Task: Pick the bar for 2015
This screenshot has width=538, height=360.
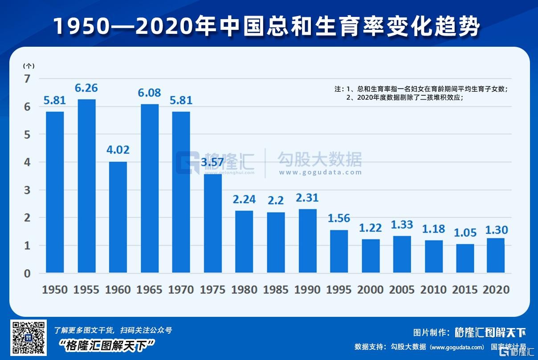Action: (465, 258)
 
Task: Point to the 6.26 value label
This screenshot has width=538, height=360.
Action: (86, 88)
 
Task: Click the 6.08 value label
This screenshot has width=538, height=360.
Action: (149, 93)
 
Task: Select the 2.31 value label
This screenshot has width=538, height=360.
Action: (307, 198)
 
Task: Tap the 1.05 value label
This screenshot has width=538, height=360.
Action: (465, 233)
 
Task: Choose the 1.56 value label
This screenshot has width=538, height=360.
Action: (339, 218)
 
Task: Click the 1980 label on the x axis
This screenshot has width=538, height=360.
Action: (244, 290)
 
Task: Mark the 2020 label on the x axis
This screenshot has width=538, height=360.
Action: (496, 290)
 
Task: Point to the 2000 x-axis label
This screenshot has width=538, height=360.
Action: (371, 290)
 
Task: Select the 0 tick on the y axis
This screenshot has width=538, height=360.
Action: (27, 273)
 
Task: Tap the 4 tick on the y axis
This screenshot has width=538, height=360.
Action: (27, 162)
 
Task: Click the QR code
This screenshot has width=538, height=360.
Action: (28, 338)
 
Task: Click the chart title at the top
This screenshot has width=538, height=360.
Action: (267, 27)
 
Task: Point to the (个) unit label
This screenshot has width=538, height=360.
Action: (29, 66)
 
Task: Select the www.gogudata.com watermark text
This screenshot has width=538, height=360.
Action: (320, 173)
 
